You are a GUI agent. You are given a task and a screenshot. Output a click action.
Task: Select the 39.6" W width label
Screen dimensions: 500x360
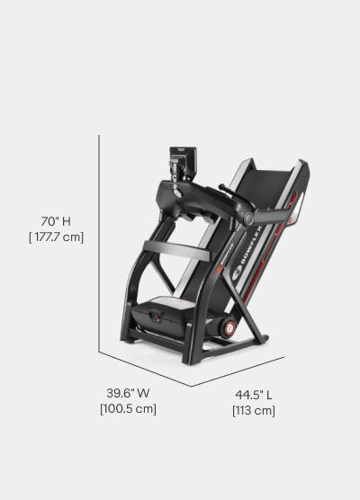129,393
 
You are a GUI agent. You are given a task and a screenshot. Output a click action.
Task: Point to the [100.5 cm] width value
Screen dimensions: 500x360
129,409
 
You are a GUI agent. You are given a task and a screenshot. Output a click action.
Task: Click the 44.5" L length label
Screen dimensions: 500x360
255,394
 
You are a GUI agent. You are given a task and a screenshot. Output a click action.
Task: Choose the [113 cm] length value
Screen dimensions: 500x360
255,410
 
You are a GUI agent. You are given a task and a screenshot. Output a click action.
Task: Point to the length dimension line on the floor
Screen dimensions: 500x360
238,371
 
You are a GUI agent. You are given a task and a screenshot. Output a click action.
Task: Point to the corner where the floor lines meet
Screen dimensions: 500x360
192,387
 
